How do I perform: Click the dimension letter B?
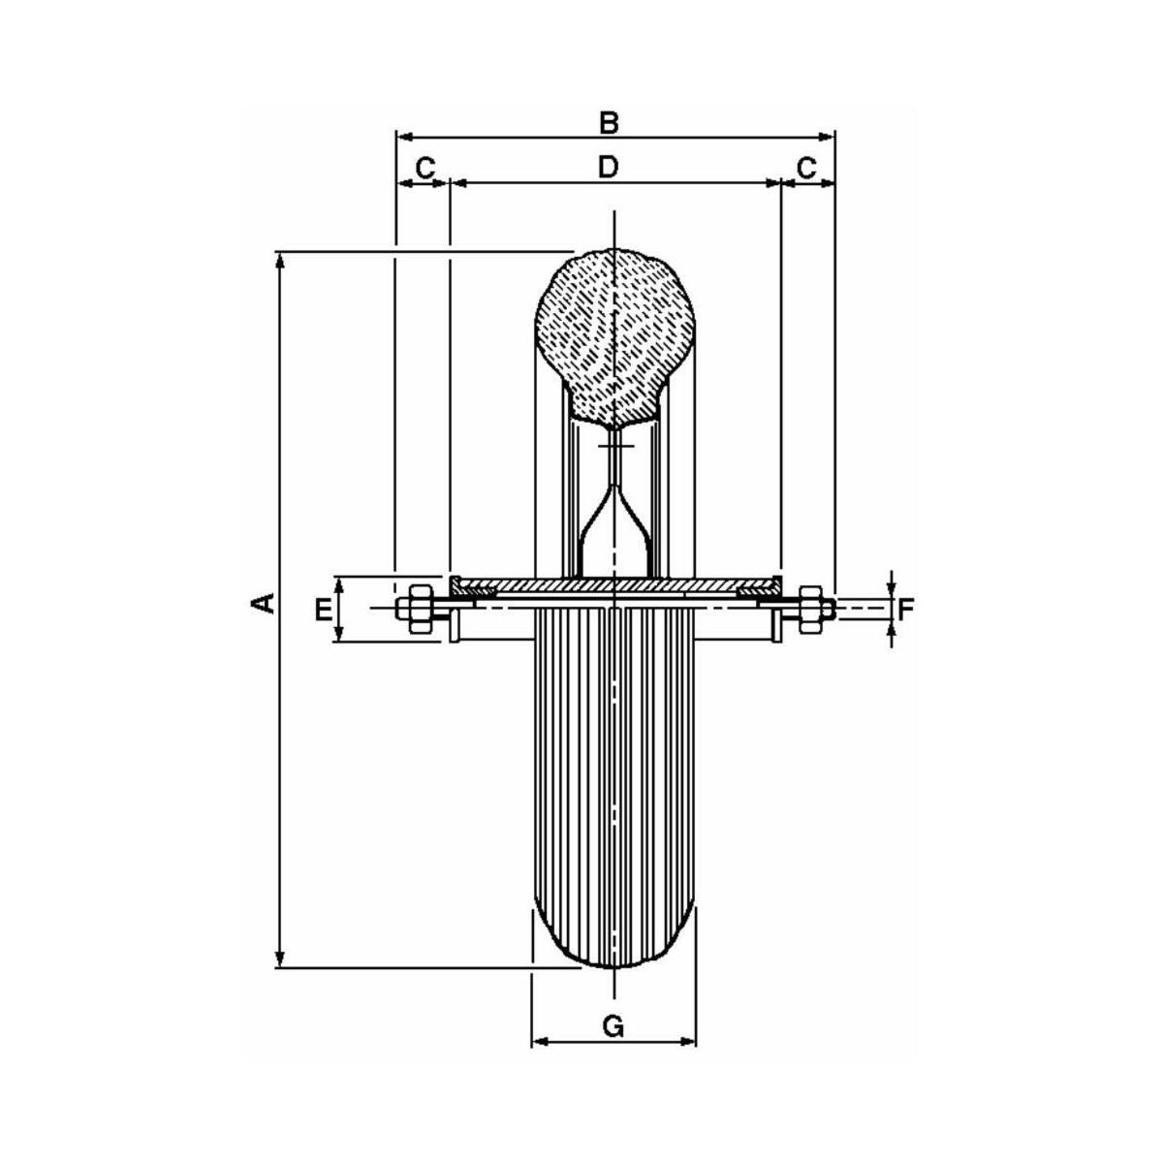[609, 122]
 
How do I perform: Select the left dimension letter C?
[425, 168]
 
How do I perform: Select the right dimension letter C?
[806, 168]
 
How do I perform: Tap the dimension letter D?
[609, 167]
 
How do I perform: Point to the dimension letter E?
[323, 611]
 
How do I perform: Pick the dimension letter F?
[905, 611]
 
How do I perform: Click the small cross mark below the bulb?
[614, 446]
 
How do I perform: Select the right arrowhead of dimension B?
[827, 137]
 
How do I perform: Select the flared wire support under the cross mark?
[614, 525]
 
